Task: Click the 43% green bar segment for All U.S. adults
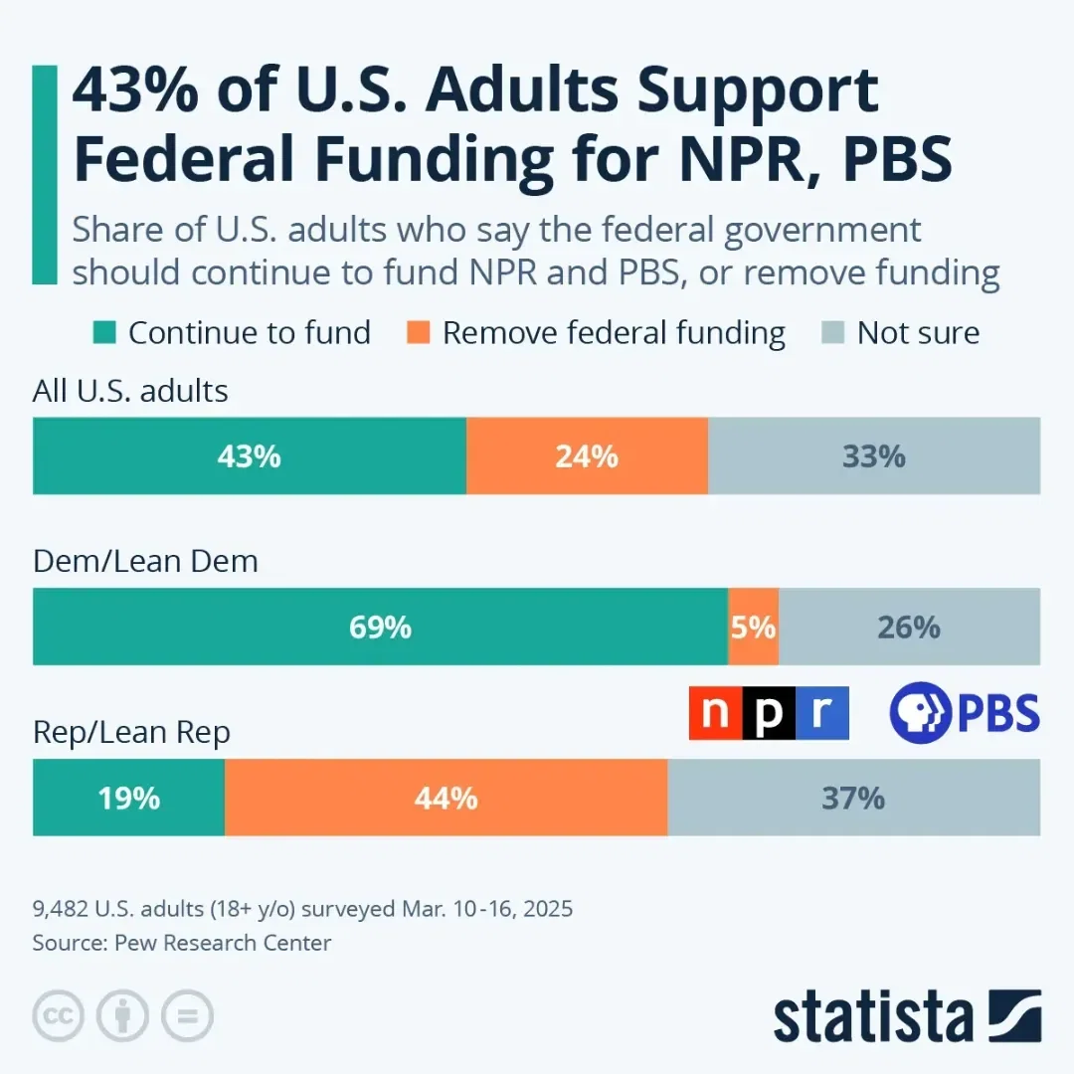[x=250, y=456]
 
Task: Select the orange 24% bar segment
[x=587, y=456]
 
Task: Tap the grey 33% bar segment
[x=874, y=456]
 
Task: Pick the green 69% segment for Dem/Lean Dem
[x=380, y=627]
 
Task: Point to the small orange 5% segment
[x=754, y=627]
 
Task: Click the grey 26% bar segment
[x=909, y=627]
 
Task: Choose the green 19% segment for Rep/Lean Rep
[x=128, y=798]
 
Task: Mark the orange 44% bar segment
[x=446, y=798]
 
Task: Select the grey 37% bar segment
[x=853, y=798]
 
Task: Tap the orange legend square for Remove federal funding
[x=421, y=332]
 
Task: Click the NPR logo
[x=769, y=713]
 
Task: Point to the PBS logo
[x=964, y=713]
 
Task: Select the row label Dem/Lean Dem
[x=145, y=561]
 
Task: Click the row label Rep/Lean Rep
[x=131, y=732]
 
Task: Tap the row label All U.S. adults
[x=130, y=391]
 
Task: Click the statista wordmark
[x=873, y=1016]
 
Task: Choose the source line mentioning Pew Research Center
[x=182, y=943]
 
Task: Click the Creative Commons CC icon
[x=58, y=1016]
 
